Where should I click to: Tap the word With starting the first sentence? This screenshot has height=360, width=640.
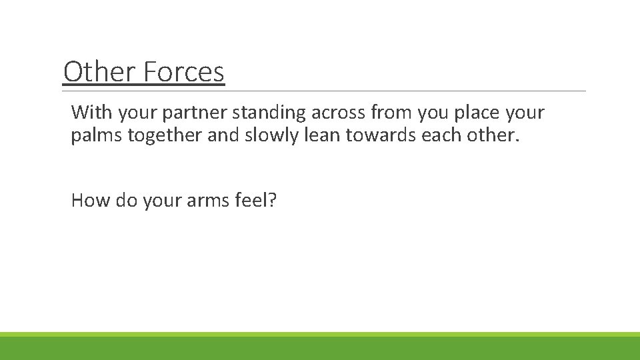91,112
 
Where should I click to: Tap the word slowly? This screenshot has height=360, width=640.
264,135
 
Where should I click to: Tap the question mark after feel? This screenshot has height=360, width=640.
272,199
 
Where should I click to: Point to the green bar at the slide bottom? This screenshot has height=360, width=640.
320,347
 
